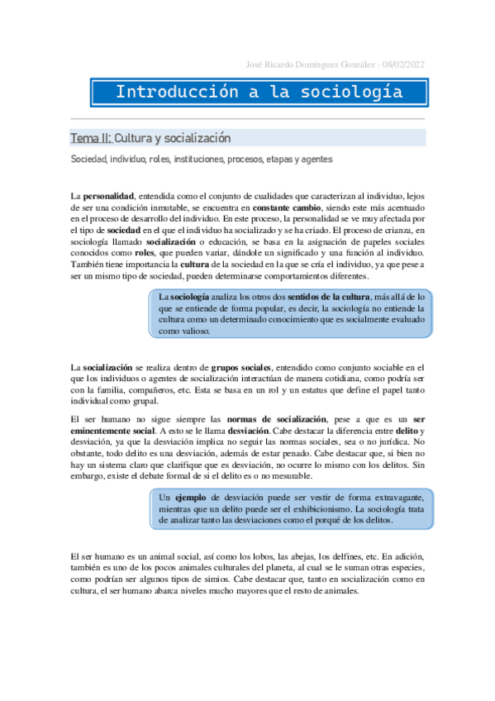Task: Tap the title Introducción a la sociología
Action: point(259,92)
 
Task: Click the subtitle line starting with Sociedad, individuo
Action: point(189,159)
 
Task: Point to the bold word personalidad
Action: point(110,194)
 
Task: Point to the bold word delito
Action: point(407,431)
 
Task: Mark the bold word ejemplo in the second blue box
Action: point(193,498)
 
